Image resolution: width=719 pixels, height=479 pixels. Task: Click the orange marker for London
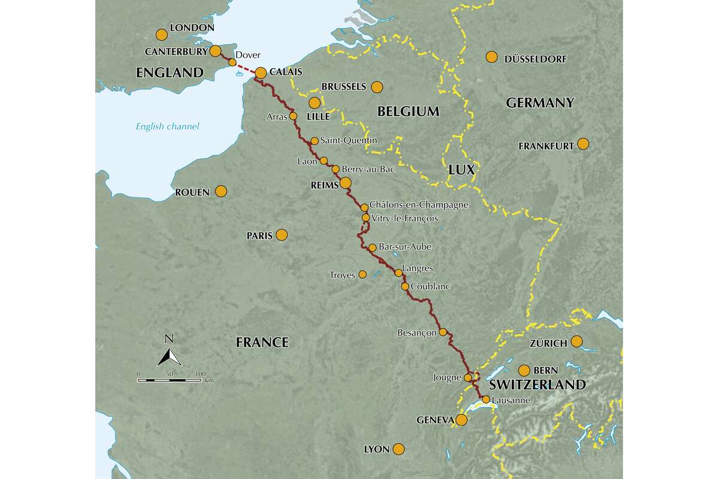point(161,34)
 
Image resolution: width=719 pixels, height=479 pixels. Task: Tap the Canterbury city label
point(180,51)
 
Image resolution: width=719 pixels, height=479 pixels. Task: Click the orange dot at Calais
point(261,73)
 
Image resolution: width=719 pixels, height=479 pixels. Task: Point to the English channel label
point(167,126)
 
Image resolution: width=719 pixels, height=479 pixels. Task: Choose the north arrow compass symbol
point(170,357)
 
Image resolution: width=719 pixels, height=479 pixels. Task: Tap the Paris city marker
point(282,235)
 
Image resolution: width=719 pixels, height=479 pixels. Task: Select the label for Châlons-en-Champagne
point(419,205)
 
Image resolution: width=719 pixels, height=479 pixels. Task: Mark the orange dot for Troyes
point(362,274)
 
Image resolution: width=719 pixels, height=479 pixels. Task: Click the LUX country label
point(461,170)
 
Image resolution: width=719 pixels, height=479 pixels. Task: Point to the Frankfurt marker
point(582,144)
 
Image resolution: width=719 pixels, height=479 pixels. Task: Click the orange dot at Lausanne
point(486,399)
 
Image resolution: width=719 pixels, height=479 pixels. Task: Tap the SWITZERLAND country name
point(537,385)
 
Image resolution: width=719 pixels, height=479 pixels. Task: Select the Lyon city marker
point(398,448)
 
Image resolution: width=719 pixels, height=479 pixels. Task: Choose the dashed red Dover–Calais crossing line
point(247,67)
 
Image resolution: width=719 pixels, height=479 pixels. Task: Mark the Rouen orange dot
point(220,192)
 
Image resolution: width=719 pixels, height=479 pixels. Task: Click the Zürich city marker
point(576,341)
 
